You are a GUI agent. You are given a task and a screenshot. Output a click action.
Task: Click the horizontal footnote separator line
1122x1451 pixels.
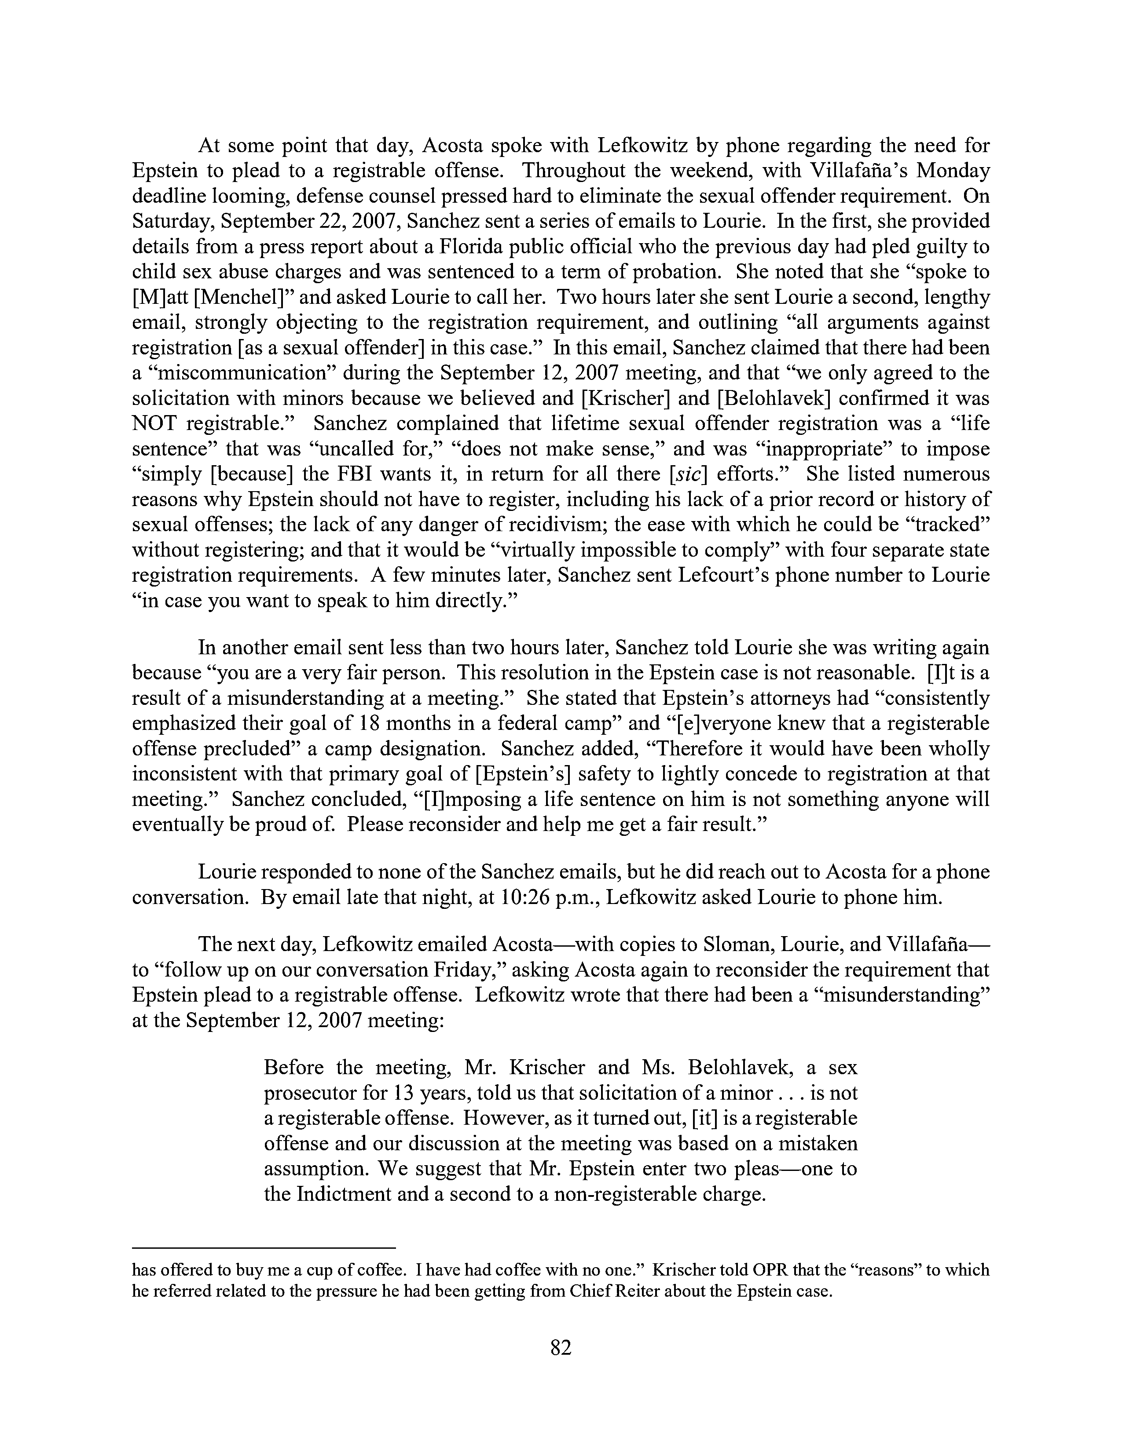264,1248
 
